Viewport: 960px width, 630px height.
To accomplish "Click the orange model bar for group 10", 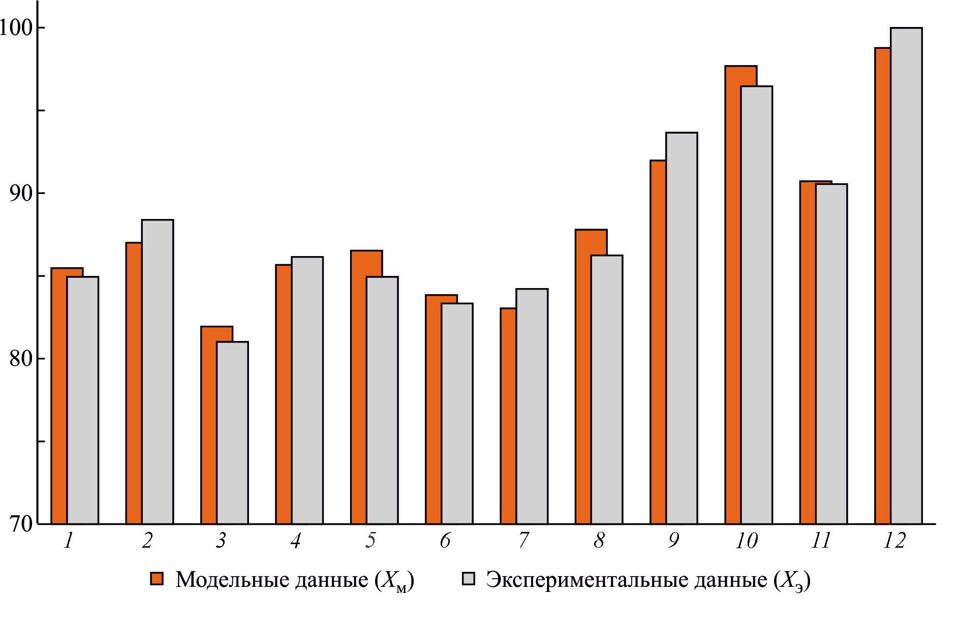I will [733, 295].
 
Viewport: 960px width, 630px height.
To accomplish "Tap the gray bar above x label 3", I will [233, 432].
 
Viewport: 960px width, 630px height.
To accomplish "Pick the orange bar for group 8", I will [583, 376].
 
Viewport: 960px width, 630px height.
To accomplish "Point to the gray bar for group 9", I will [682, 328].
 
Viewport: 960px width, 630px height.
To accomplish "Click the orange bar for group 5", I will [358, 387].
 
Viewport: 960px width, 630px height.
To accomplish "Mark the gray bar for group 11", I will [831, 354].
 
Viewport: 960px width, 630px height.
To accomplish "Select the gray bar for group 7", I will [532, 406].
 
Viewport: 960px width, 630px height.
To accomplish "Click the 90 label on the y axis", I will [20, 193].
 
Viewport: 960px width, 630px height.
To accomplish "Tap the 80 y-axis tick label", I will [20, 359].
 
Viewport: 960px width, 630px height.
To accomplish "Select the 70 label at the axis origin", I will [20, 524].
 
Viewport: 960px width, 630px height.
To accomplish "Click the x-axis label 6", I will [445, 541].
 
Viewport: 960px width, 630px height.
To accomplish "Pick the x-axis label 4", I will [296, 541].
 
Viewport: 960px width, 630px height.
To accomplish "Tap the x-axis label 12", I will [894, 541].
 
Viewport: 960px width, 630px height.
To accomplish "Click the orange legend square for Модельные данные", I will [157, 579].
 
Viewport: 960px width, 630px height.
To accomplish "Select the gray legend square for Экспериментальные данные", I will [468, 579].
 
